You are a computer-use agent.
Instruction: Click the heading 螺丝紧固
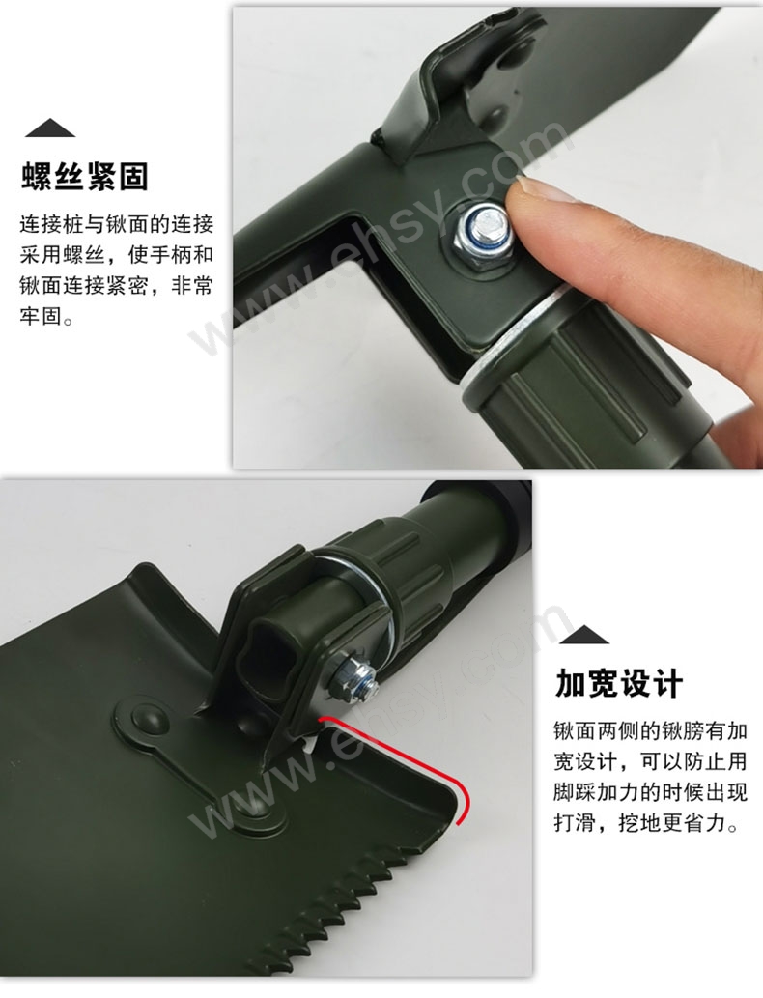pos(85,176)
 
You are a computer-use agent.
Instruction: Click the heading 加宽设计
pos(619,684)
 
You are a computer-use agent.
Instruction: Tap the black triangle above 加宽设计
pos(584,635)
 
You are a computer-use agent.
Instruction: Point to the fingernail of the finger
pos(533,191)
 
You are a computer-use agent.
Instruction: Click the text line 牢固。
pos(47,316)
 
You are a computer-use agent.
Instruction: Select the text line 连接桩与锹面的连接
pos(117,225)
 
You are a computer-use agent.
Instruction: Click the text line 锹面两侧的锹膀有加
pos(650,731)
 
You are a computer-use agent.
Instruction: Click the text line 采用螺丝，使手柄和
pos(117,255)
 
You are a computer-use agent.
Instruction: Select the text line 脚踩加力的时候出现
pos(650,793)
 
